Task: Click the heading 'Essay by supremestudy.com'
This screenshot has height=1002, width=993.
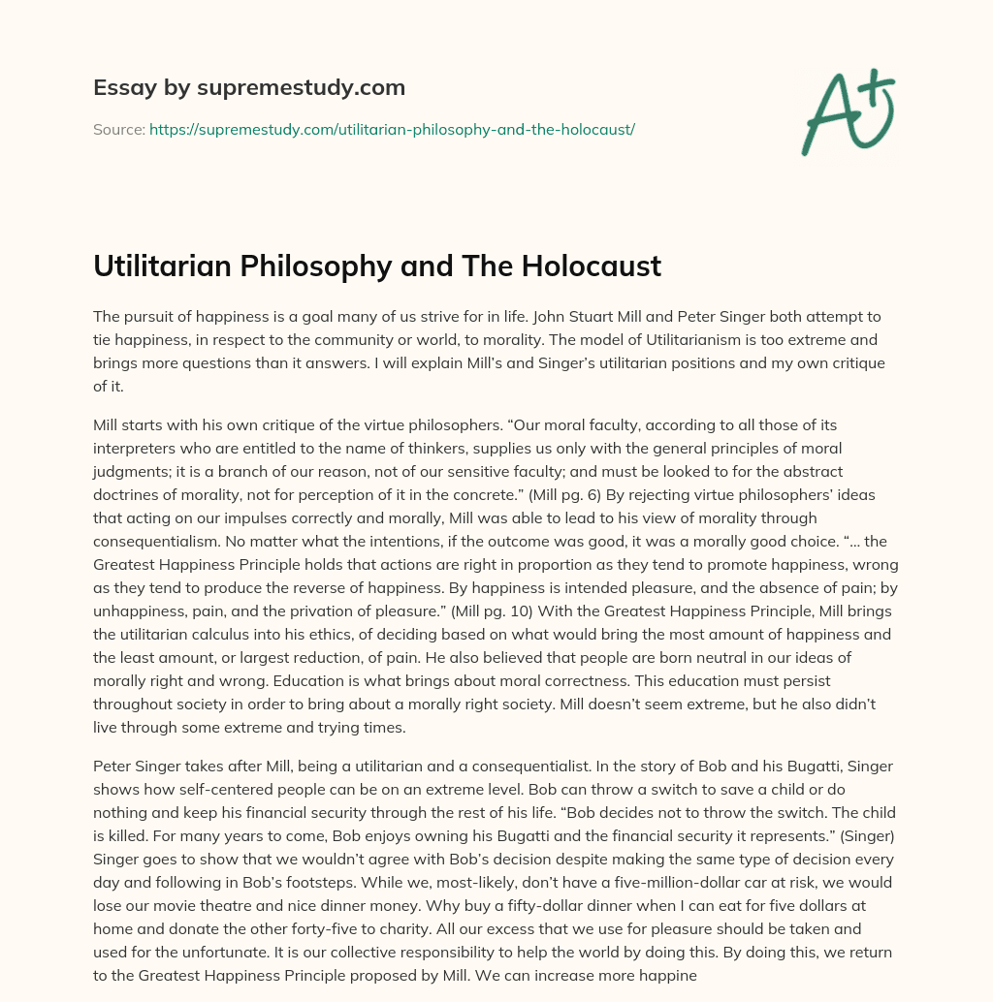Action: pos(249,88)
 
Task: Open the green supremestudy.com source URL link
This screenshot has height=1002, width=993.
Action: pos(392,129)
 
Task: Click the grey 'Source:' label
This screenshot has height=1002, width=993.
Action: pos(119,129)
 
